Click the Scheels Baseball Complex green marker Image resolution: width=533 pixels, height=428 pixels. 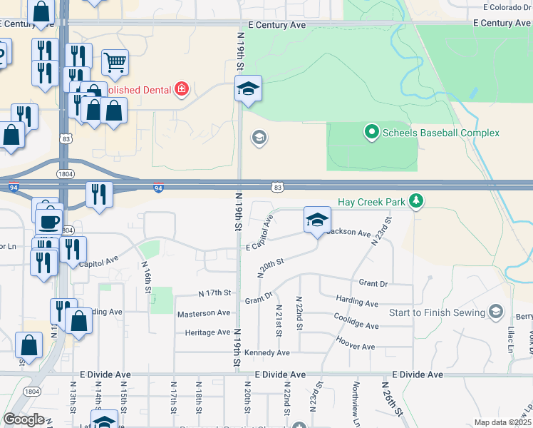[371, 132]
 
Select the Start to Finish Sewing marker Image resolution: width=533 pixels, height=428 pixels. [497, 312]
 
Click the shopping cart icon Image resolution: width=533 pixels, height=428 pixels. [114, 62]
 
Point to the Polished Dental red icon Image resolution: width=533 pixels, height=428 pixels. [182, 89]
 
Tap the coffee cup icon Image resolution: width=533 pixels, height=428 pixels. [48, 220]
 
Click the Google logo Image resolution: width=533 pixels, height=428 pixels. [24, 419]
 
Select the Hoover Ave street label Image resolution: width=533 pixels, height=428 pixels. [354, 347]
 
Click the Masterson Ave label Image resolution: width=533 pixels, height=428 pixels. [204, 313]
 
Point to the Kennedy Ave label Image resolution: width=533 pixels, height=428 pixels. [267, 353]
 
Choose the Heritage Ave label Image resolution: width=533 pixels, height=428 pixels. [207, 332]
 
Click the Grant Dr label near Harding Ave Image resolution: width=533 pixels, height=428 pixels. [373, 284]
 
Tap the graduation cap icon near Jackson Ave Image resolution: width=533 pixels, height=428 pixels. [317, 219]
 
